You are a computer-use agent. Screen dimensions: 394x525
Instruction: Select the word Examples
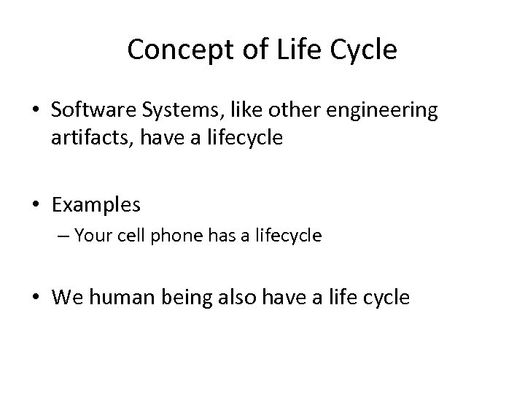coord(96,206)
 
